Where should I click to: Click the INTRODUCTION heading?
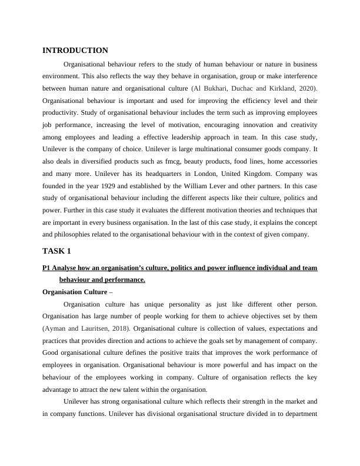(75, 51)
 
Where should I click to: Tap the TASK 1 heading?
(56, 251)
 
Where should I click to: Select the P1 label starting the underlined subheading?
(48, 268)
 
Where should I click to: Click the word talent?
(165, 390)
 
